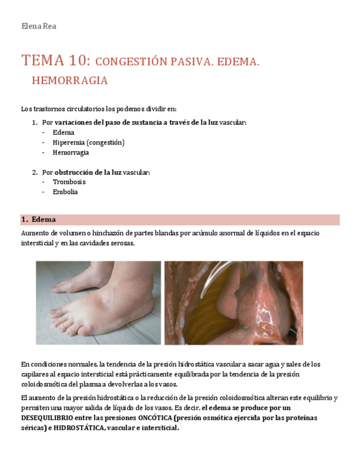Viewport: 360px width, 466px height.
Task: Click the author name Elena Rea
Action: pyautogui.click(x=38, y=26)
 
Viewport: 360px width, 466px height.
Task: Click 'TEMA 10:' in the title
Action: pyautogui.click(x=53, y=60)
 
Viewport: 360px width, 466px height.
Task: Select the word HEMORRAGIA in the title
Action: pyautogui.click(x=70, y=81)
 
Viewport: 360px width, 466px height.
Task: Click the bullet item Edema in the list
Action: pyautogui.click(x=63, y=132)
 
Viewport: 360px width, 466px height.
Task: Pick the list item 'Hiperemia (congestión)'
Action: pyautogui.click(x=88, y=142)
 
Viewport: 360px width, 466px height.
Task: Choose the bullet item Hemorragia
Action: pyautogui.click(x=71, y=152)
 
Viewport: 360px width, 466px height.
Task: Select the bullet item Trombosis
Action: pyautogui.click(x=69, y=182)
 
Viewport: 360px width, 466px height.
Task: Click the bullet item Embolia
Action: pyautogui.click(x=65, y=192)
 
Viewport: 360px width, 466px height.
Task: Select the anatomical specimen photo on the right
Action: pyautogui.click(x=234, y=302)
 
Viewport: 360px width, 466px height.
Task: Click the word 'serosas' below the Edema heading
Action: pyautogui.click(x=121, y=243)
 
